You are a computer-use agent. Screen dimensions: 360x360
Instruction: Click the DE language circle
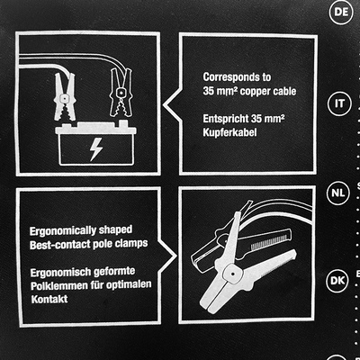point(340,12)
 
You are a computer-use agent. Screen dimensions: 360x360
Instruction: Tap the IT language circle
point(339,103)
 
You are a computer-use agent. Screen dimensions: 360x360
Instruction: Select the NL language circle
point(338,193)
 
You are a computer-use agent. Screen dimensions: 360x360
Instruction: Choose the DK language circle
point(337,281)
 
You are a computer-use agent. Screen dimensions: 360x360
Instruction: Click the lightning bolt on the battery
point(96,149)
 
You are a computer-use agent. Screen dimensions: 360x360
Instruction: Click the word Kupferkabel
point(229,132)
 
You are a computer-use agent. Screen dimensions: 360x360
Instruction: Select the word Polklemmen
point(58,285)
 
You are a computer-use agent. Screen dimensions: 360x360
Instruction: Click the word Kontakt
point(49,299)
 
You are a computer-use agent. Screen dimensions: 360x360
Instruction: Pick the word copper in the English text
point(251,91)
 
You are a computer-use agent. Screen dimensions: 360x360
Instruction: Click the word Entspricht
point(226,119)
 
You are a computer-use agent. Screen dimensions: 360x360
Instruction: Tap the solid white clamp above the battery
point(64,96)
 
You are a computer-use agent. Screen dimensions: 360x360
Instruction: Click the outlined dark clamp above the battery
point(121,93)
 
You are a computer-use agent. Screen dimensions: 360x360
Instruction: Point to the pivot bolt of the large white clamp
point(232,274)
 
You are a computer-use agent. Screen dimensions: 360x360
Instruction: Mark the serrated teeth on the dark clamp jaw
point(268,243)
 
